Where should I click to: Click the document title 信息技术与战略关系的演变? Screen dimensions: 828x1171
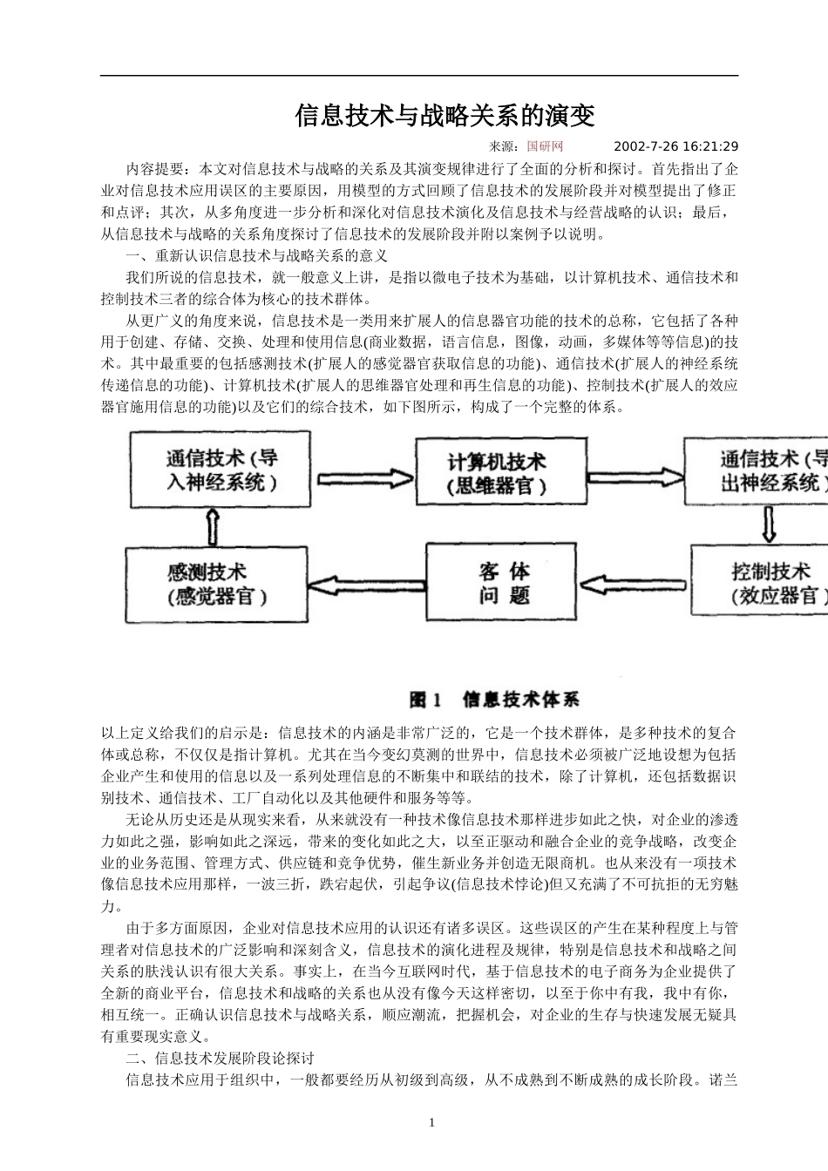pyautogui.click(x=445, y=116)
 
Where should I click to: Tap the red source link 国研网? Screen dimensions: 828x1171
pyautogui.click(x=545, y=146)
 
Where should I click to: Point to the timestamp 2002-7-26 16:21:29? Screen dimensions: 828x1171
pyautogui.click(x=675, y=146)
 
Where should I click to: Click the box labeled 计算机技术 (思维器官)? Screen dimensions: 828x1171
pyautogui.click(x=497, y=472)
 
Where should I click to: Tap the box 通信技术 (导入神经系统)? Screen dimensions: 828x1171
pyautogui.click(x=221, y=470)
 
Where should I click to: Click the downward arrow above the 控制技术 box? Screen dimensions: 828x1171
pyautogui.click(x=770, y=525)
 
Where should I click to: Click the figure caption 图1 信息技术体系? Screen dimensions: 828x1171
pyautogui.click(x=494, y=700)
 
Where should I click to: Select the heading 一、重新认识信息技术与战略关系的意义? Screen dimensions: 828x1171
pyautogui.click(x=256, y=256)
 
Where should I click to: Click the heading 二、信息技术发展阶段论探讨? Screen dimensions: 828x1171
pyautogui.click(x=220, y=1059)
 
